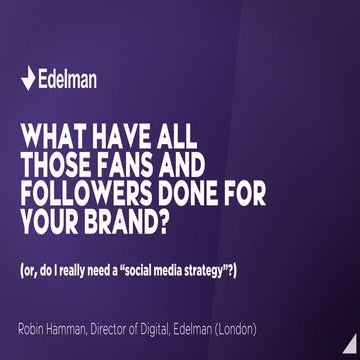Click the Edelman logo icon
click(28, 78)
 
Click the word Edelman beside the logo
click(67, 78)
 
